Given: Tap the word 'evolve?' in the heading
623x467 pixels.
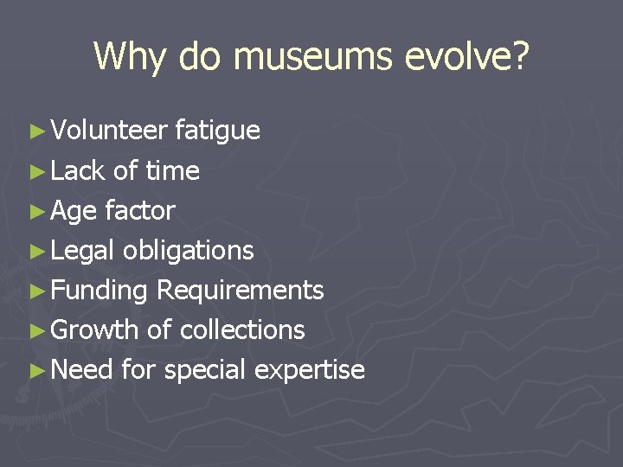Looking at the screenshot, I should (x=473, y=57).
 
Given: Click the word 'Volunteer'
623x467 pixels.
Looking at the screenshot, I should (x=109, y=131).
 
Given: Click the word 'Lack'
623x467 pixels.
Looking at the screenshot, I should (x=78, y=171).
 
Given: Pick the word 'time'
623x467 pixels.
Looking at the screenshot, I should (x=172, y=171).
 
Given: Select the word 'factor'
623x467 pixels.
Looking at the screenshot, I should (x=140, y=211).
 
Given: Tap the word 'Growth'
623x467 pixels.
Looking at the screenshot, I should (x=94, y=330).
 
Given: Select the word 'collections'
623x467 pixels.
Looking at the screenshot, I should (x=242, y=330).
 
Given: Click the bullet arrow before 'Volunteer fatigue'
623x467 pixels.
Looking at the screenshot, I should (x=35, y=131).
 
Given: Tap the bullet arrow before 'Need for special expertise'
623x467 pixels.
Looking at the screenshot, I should (x=35, y=371).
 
